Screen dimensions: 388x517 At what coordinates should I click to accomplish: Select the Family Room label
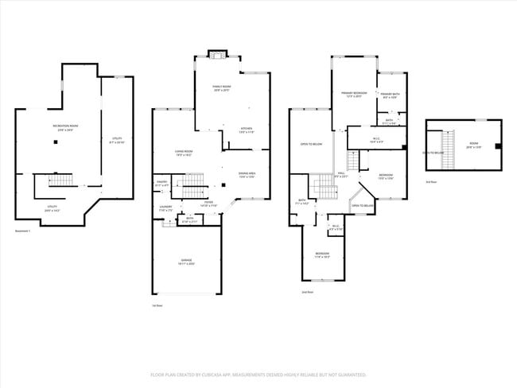221,88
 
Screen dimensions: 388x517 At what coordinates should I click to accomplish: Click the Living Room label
185,153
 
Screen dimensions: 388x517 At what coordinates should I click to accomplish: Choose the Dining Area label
247,174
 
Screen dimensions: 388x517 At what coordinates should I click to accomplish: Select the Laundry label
165,208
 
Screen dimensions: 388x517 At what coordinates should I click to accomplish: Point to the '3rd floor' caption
432,182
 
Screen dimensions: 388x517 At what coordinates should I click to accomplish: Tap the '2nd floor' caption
307,292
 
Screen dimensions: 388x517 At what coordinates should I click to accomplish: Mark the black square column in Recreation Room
55,142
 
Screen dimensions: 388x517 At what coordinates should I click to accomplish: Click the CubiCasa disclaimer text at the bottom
258,374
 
